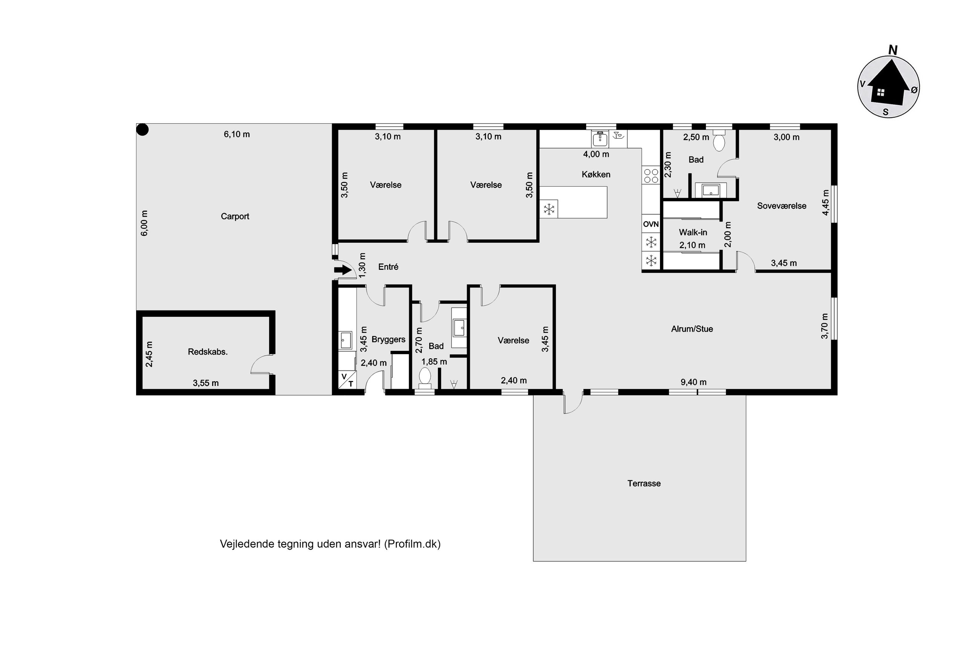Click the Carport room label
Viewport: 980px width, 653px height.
(235, 216)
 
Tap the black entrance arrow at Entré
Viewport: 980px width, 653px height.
(343, 270)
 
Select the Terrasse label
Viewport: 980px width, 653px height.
(644, 483)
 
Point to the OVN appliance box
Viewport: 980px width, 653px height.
(651, 224)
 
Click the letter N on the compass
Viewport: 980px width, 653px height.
(893, 50)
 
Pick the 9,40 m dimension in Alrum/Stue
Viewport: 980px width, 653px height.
(694, 382)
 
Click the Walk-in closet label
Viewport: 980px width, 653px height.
(693, 232)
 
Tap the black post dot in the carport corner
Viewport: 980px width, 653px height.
(143, 130)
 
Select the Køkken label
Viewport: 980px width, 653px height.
(596, 174)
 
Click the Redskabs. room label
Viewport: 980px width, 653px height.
(207, 352)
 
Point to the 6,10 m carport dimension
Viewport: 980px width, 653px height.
(237, 134)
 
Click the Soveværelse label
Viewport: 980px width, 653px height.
(781, 206)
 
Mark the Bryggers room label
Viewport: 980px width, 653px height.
(388, 339)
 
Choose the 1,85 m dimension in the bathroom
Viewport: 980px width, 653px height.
(434, 361)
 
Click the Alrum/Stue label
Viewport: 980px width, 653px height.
(692, 329)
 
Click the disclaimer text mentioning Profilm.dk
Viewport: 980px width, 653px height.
(330, 544)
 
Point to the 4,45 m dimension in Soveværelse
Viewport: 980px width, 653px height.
(825, 202)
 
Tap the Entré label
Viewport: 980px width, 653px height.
(388, 267)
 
